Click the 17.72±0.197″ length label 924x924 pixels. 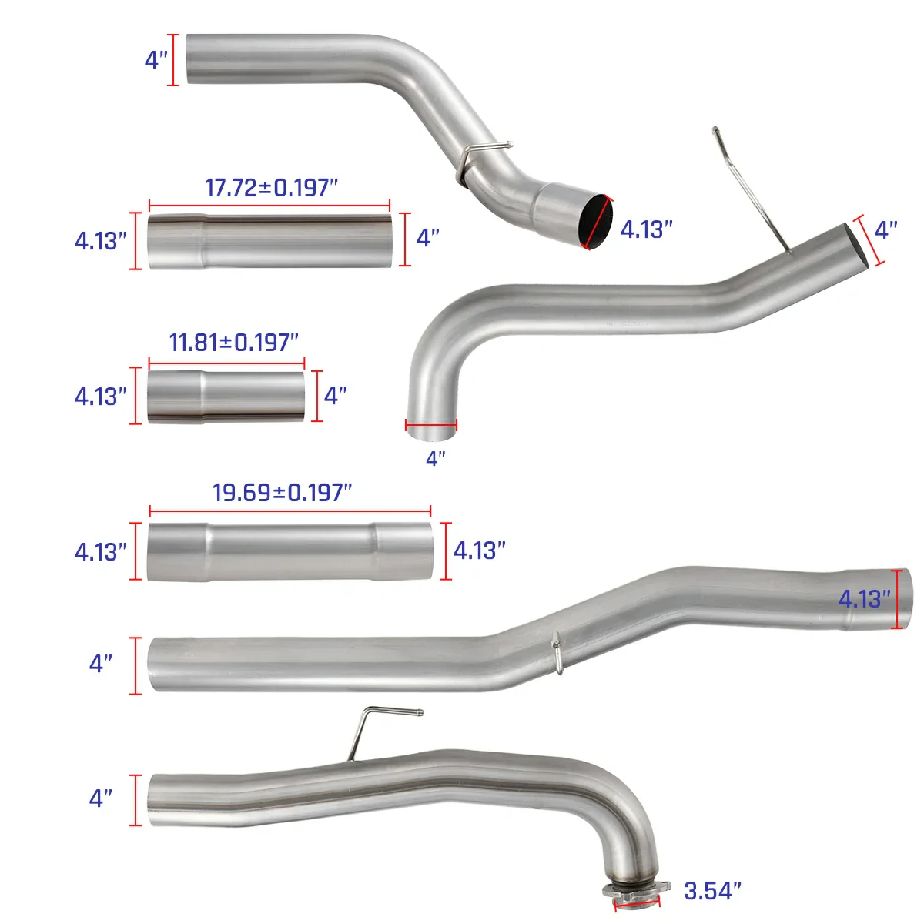271,187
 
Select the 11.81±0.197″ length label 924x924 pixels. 233,342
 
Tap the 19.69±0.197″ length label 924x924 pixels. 282,492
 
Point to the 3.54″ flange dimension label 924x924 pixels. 712,891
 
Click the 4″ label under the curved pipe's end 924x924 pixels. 436,459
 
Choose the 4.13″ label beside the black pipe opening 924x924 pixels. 646,229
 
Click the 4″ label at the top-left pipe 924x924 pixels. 156,60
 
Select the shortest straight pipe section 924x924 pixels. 226,397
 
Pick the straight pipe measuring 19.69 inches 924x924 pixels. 290,551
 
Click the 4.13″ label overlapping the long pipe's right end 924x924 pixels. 864,599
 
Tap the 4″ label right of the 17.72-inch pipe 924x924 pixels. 428,238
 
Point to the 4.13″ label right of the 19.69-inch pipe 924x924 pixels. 479,551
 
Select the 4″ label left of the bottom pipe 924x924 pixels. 101,798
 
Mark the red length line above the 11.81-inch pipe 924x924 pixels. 226,362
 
